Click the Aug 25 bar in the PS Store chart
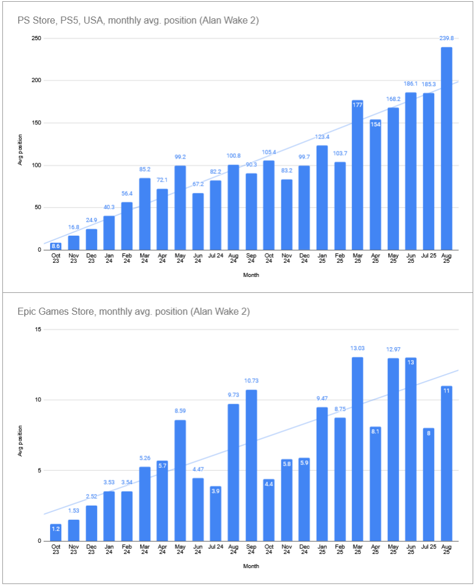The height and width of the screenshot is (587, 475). click(x=446, y=149)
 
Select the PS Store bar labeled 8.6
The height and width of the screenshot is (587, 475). click(x=56, y=246)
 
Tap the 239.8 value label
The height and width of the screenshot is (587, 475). click(x=446, y=38)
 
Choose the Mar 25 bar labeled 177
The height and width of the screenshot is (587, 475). click(x=357, y=175)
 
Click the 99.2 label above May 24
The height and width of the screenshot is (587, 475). click(x=180, y=157)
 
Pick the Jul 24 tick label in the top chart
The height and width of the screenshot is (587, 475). click(x=215, y=256)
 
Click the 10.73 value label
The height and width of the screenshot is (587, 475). click(x=251, y=381)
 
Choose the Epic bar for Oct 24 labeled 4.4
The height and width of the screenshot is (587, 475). click(x=268, y=510)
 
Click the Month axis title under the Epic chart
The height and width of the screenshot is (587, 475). click(x=251, y=566)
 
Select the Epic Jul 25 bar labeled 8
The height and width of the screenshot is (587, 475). click(x=429, y=485)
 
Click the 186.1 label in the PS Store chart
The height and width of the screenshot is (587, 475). click(x=411, y=84)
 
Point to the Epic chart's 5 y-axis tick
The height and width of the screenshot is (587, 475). click(x=39, y=470)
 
